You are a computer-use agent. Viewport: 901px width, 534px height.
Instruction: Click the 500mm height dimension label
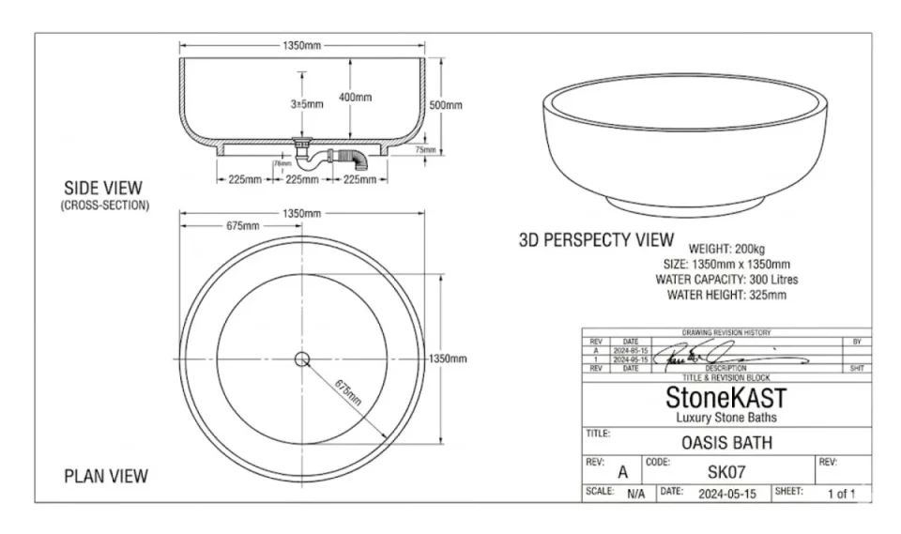tap(446, 105)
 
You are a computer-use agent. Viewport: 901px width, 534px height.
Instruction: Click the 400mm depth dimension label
tap(355, 98)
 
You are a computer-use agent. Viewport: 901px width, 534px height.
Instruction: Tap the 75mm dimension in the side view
tap(425, 149)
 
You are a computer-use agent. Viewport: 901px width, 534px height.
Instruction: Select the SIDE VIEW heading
tap(103, 188)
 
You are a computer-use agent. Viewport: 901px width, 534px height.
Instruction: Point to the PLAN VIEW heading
tap(105, 476)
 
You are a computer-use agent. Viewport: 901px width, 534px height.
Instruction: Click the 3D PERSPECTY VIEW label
tap(596, 240)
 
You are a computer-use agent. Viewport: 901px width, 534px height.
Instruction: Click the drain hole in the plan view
tap(302, 359)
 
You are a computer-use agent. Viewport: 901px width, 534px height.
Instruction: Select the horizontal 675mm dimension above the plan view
tap(242, 226)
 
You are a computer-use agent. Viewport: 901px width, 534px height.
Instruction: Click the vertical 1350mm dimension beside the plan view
tap(447, 359)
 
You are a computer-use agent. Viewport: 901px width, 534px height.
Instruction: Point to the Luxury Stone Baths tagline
tap(726, 417)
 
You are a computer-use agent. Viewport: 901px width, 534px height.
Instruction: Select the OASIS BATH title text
tap(726, 442)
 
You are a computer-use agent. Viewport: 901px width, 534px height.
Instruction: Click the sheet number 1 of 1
tap(841, 493)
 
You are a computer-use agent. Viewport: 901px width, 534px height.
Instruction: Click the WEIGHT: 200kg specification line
tap(727, 249)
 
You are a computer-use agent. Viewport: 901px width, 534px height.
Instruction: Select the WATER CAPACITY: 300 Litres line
tap(727, 280)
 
